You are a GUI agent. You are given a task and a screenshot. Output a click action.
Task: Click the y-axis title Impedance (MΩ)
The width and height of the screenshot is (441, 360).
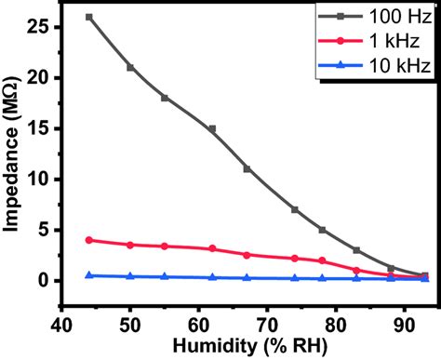click(x=13, y=153)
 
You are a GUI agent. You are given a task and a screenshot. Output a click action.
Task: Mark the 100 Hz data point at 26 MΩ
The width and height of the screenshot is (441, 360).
click(x=88, y=17)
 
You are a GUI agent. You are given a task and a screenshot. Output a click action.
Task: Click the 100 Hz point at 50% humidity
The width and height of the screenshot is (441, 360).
click(x=130, y=67)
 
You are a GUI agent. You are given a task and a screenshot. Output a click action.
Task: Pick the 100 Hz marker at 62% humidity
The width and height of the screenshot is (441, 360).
click(x=212, y=128)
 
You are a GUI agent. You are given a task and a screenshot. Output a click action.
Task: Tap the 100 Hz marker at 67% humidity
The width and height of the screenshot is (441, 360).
click(x=247, y=168)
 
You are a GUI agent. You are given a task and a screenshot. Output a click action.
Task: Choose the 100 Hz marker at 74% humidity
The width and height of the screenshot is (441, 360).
click(x=295, y=209)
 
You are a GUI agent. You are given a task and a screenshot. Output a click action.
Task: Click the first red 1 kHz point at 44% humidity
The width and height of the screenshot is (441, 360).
click(x=88, y=240)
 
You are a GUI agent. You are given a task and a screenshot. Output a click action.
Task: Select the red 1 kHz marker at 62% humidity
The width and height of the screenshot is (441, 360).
click(x=212, y=248)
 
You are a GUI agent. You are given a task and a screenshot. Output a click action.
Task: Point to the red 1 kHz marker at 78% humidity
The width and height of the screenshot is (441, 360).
click(x=322, y=260)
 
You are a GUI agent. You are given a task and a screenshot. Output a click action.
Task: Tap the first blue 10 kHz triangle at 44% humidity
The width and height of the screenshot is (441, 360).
click(x=88, y=275)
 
